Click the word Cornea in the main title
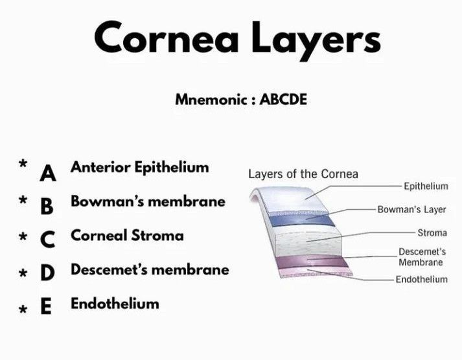coord(166,37)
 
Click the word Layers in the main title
coord(316,41)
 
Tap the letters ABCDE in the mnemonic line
coord(283,99)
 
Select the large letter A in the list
coord(48,174)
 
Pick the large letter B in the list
coord(47,207)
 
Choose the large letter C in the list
coord(47,240)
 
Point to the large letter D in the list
coord(47,273)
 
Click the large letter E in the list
coord(46,306)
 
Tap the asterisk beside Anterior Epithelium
coord(23,163)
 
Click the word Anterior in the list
coord(100,167)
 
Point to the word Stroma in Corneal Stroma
coord(157,236)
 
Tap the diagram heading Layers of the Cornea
coord(303,174)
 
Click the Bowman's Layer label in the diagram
coord(411,210)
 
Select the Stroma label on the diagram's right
coord(432,233)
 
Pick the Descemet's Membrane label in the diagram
coord(422,257)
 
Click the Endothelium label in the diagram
coord(422,279)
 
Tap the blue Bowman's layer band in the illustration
coord(302,220)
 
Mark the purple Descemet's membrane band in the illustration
coord(312,262)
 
